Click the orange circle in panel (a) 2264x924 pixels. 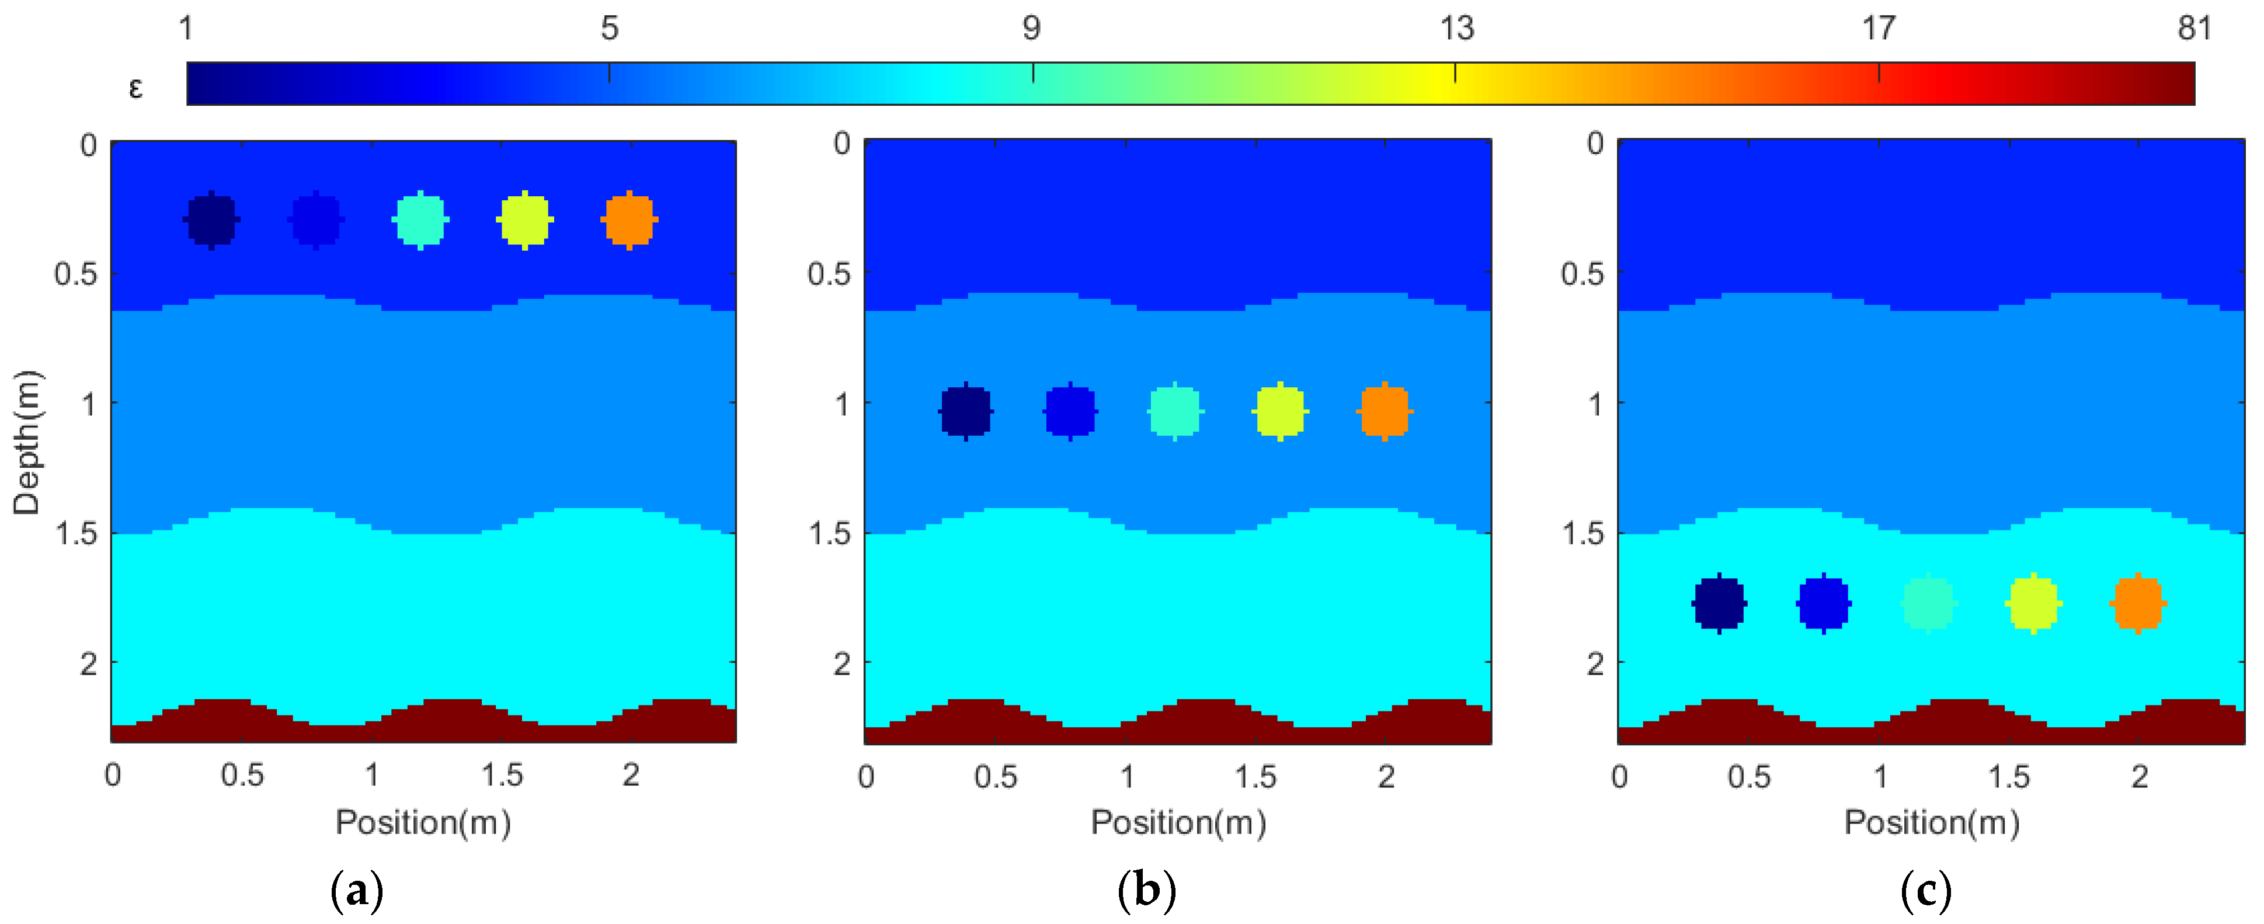click(x=630, y=220)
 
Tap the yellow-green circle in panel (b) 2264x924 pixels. click(x=1279, y=411)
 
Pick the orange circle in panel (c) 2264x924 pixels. click(x=2137, y=603)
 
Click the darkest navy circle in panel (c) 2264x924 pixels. click(x=1719, y=603)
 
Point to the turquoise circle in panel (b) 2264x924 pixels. click(x=1175, y=411)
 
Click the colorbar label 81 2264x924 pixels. click(x=2194, y=29)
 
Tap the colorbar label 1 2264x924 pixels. click(x=186, y=29)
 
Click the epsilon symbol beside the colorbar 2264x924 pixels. click(x=135, y=88)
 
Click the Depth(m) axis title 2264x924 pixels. click(x=26, y=442)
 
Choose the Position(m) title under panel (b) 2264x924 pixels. click(x=1178, y=823)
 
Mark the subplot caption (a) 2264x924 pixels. click(x=357, y=891)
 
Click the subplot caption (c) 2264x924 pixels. click(x=1926, y=891)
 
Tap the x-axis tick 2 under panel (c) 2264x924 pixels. click(x=2138, y=776)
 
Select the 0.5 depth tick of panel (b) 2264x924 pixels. click(x=829, y=275)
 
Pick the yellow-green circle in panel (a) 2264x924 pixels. click(x=525, y=220)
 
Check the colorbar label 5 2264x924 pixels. click(x=609, y=29)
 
